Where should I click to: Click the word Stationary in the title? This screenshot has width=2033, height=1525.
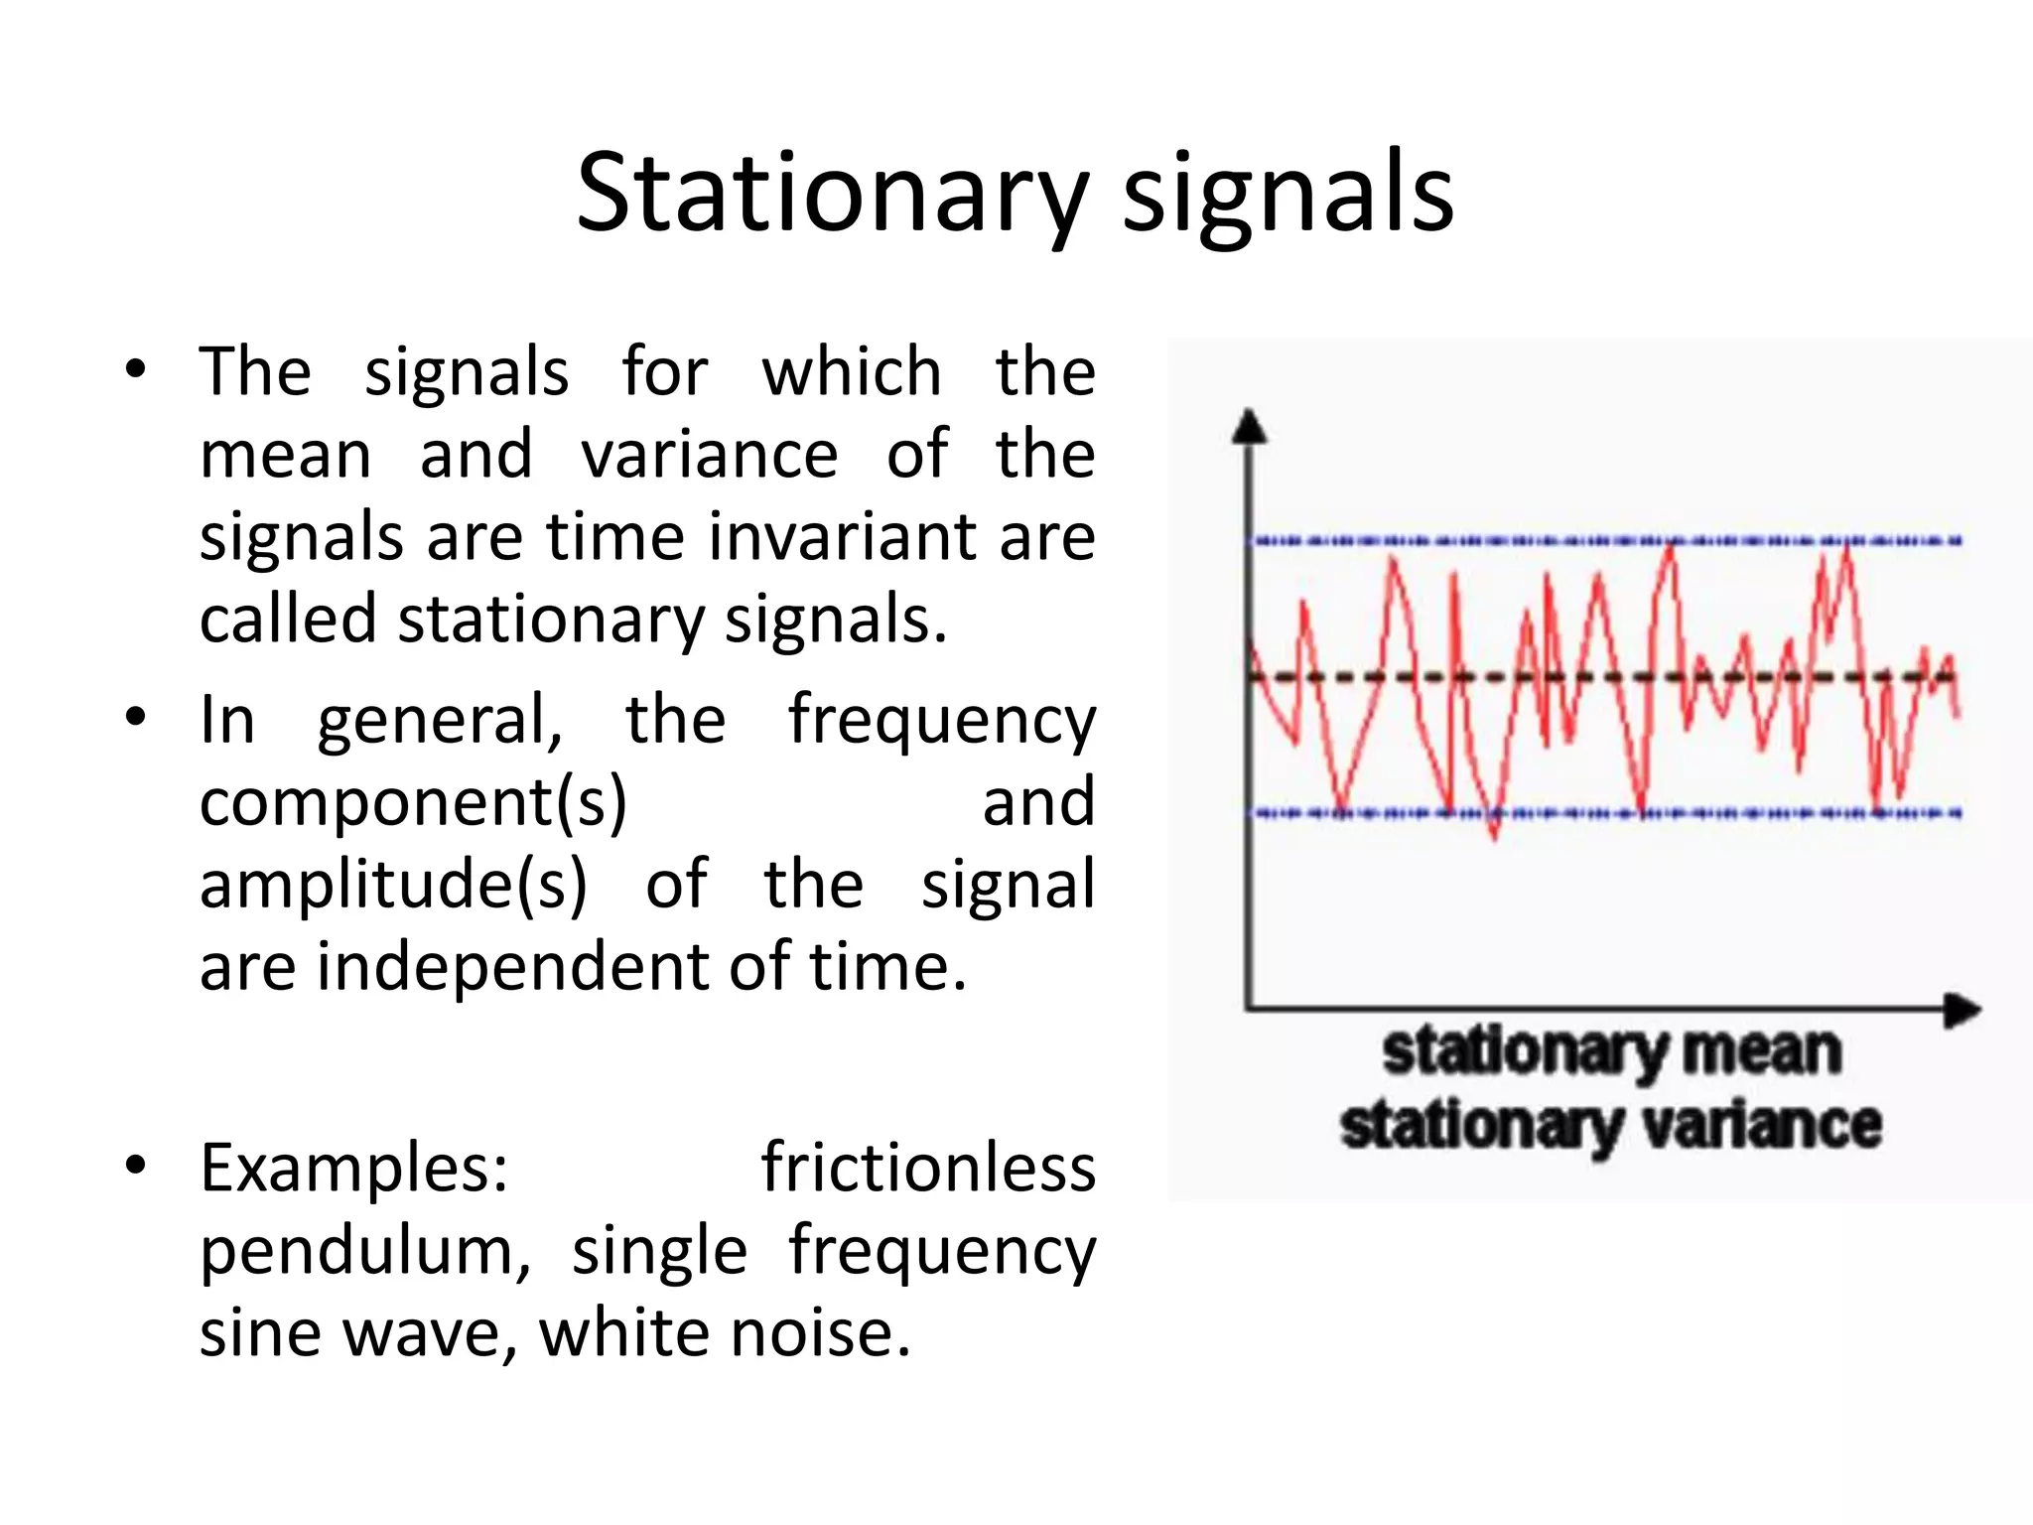[832, 194]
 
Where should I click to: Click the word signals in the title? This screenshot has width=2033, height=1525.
[1288, 194]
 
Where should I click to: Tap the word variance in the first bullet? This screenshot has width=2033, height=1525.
[709, 455]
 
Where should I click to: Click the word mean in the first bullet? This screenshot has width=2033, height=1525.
[286, 455]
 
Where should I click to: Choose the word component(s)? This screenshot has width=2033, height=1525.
[413, 801]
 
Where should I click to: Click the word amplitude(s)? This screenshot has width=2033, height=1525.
[393, 884]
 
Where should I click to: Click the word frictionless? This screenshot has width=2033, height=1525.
[928, 1168]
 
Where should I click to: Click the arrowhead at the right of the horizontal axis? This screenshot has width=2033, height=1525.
[1962, 1011]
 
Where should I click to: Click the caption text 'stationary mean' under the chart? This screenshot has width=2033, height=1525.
[1612, 1051]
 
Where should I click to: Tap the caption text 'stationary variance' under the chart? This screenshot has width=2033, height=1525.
[1610, 1126]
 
